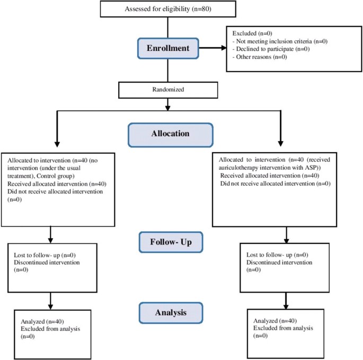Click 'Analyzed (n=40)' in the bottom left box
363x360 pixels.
(x=39, y=321)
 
